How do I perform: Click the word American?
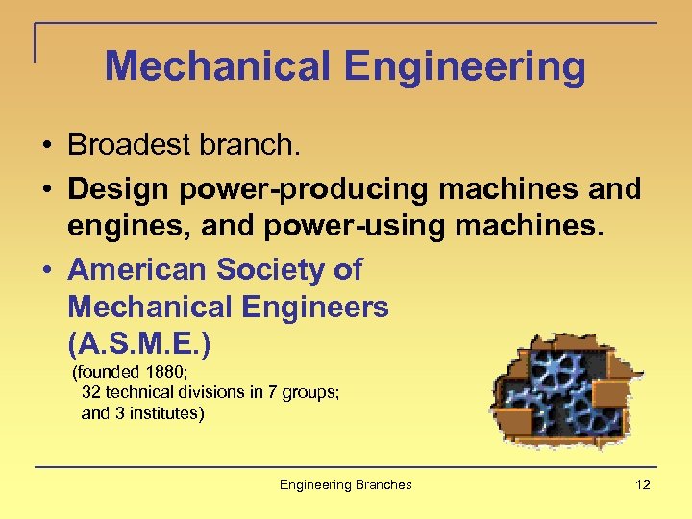(x=137, y=270)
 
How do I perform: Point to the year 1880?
(x=160, y=372)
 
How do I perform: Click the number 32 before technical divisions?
(x=91, y=392)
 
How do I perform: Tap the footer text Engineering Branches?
(x=346, y=484)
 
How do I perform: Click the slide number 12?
(x=643, y=484)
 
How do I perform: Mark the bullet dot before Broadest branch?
(x=46, y=146)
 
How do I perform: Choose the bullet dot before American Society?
(x=46, y=271)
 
